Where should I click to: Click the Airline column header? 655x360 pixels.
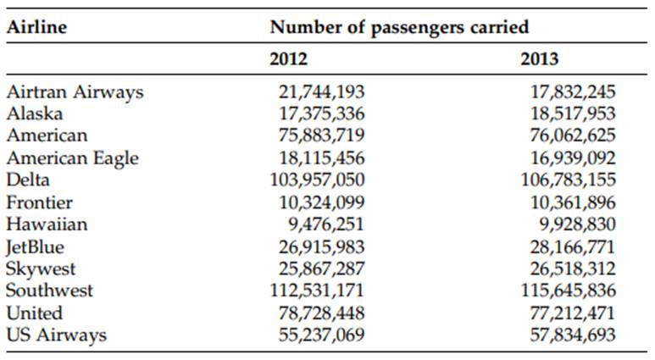coord(36,26)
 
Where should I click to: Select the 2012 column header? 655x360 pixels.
coord(288,59)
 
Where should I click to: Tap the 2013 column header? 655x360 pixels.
coord(540,59)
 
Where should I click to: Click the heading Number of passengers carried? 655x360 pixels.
coord(399,26)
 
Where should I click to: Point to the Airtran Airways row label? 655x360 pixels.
coord(75,91)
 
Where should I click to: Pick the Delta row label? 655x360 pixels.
coord(28,180)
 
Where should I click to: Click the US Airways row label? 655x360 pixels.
coord(56,335)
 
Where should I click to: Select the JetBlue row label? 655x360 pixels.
coord(35,246)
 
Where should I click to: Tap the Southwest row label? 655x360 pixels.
coord(49,291)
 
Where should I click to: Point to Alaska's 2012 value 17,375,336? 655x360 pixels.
coord(322,114)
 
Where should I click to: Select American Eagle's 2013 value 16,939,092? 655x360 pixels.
coord(573,158)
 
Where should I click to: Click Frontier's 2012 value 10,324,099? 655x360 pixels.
coord(322,202)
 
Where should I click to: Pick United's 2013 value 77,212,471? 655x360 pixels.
coord(573,313)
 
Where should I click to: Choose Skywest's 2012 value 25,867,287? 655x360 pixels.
coord(322,269)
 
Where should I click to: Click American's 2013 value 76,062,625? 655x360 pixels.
coord(573,136)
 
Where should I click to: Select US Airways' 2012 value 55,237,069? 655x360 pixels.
coord(322,335)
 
